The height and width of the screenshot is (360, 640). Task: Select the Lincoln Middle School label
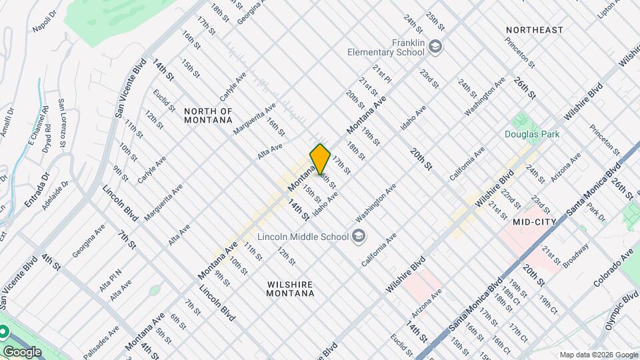[303, 237]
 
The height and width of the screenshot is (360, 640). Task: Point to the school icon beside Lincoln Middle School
[359, 236]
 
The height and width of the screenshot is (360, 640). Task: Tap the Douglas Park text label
[531, 135]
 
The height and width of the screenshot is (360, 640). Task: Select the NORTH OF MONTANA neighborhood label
[208, 115]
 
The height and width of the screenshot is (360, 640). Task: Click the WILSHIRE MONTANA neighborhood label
[290, 289]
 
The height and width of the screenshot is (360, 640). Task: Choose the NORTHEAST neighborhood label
[534, 30]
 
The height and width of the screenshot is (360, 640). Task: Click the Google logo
[22, 351]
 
